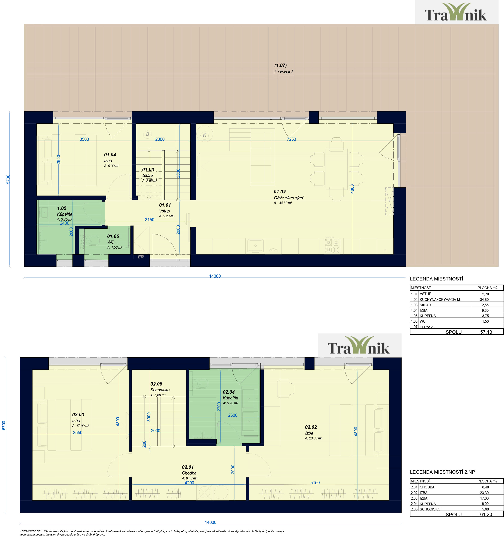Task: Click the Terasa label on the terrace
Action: tap(283, 71)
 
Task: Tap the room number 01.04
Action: tap(110, 155)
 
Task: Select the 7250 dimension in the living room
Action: tap(291, 139)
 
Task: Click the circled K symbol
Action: tap(205, 135)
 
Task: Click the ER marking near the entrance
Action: tap(141, 257)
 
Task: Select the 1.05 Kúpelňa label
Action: tap(62, 208)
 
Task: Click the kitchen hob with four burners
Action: tap(332, 246)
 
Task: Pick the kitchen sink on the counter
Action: tap(255, 246)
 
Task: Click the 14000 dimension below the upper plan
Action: tap(215, 276)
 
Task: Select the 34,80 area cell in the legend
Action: tap(484, 300)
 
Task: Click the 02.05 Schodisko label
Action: tap(156, 384)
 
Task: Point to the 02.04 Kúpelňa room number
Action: tap(229, 392)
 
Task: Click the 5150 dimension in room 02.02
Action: tap(315, 482)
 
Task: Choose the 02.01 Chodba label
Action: tap(188, 467)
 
